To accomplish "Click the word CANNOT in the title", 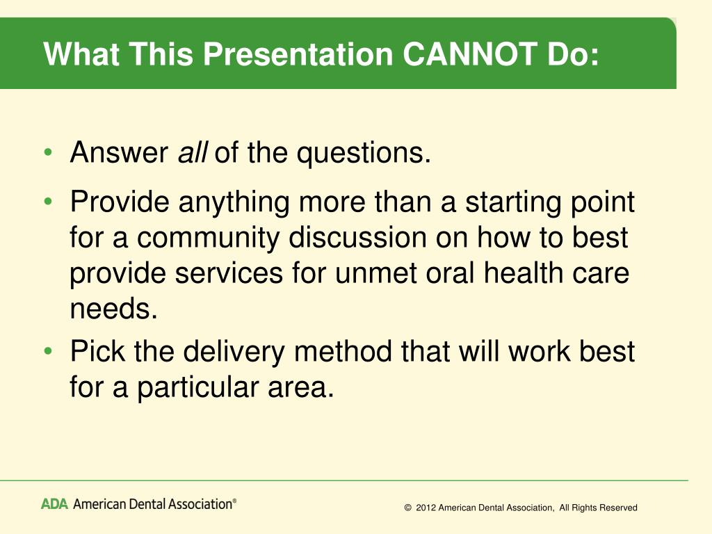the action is click(x=470, y=54).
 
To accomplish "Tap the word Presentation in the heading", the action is click(x=298, y=54).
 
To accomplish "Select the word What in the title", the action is click(x=82, y=54).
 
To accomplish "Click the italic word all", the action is click(x=193, y=152).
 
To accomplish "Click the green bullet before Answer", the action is click(x=48, y=152).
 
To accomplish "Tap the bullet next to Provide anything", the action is click(x=48, y=201).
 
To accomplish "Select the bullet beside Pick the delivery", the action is click(x=48, y=351).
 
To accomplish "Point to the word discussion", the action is click(x=358, y=238).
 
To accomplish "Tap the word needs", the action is click(x=113, y=309).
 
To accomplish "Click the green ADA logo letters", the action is click(x=54, y=504).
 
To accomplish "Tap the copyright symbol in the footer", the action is click(x=407, y=508).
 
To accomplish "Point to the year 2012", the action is click(x=426, y=508).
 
